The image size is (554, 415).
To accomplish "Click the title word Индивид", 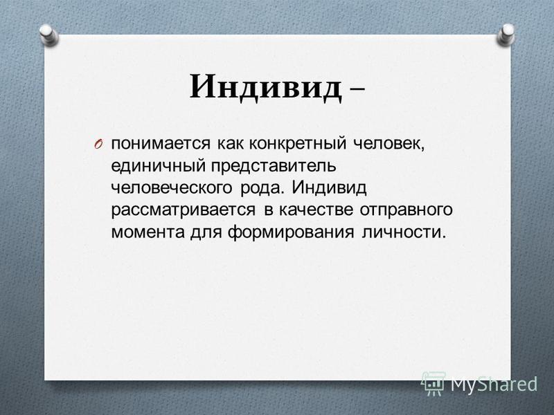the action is [266, 88].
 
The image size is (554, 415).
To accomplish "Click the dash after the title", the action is [357, 91].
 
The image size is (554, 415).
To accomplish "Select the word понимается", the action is [161, 144].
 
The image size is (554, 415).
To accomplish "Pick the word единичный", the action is [159, 166].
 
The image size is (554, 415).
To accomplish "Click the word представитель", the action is [274, 166].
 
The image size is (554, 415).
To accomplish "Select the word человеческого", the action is [171, 188].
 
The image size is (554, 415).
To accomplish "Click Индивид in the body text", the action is [329, 188].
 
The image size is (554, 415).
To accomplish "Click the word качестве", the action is [316, 210].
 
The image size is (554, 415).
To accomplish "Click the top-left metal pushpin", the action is [48, 35].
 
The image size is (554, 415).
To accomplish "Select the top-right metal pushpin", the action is [506, 35].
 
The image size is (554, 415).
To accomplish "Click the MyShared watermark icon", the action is [434, 384].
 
